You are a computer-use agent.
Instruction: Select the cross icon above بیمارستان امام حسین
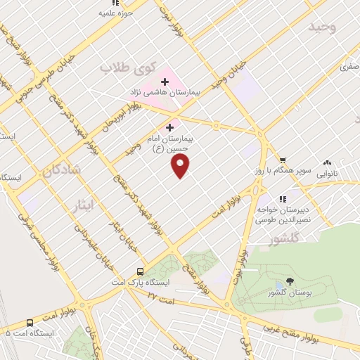(x=169, y=127)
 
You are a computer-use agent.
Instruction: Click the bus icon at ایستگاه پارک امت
(x=141, y=271)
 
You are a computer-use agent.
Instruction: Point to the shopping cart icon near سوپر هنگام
(x=283, y=160)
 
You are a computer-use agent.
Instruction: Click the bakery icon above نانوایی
(x=327, y=162)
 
